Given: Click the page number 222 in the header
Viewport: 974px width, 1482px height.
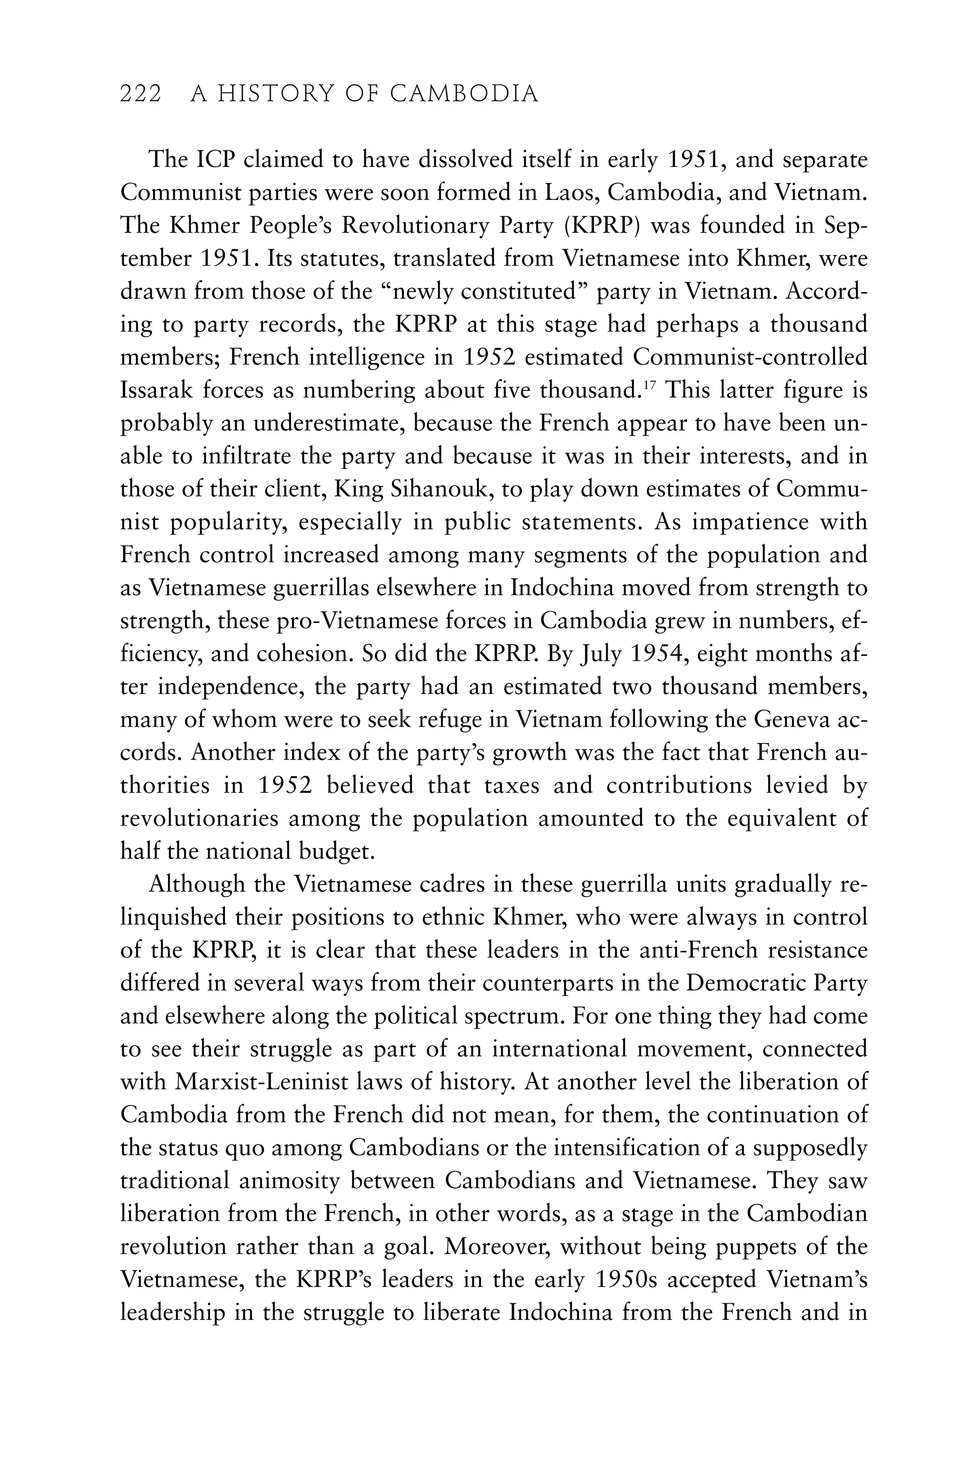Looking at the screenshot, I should point(141,94).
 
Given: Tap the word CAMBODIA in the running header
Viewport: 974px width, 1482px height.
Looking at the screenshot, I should point(464,94).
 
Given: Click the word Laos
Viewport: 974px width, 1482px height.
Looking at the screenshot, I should point(573,193).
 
